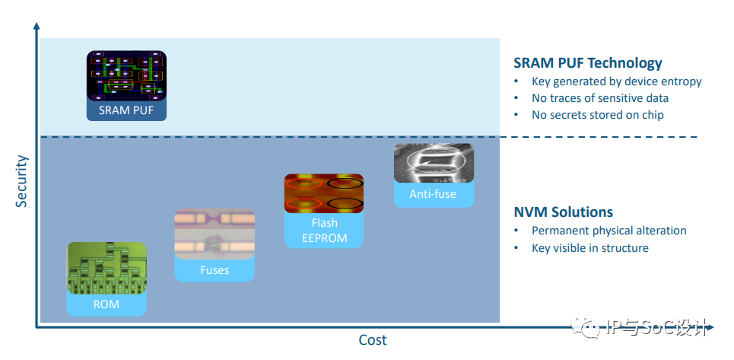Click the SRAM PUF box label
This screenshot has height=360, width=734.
126,111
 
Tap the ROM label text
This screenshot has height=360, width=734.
106,304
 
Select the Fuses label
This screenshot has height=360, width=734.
214,270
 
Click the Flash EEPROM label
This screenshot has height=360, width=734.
324,230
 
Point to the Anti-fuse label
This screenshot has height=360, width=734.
433,194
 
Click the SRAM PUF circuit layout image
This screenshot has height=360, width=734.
126,75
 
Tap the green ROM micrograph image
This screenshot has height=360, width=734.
106,268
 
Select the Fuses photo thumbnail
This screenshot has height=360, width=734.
214,234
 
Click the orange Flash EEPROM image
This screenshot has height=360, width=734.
324,193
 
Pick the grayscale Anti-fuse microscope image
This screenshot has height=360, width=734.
434,163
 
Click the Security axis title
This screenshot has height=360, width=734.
21,180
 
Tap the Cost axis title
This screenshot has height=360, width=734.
373,340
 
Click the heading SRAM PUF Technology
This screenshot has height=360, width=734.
588,62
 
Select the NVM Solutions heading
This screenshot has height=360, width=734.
563,212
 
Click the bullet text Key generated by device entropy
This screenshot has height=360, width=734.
617,81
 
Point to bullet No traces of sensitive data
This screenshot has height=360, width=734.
599,98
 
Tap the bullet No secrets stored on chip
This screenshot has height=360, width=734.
597,115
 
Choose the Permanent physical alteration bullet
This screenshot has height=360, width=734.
609,231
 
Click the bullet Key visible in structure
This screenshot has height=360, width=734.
589,247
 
